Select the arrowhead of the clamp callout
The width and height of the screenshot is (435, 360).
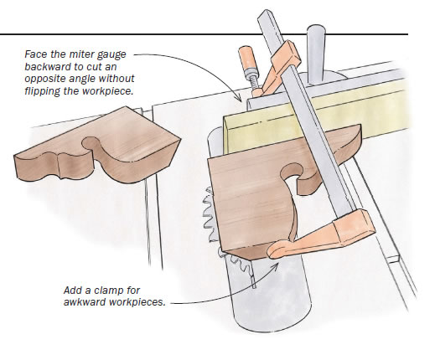pos(275,266)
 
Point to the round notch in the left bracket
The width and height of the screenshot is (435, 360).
pos(90,143)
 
